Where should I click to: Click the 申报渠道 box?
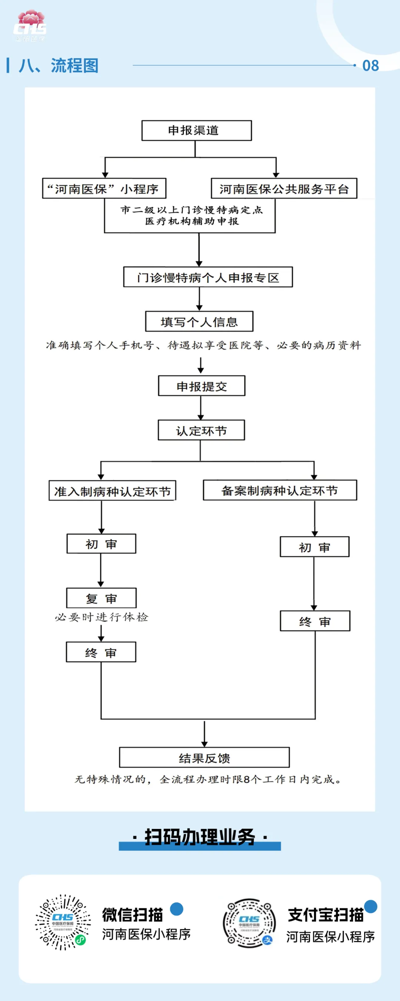(196, 131)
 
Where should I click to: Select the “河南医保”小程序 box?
(104, 188)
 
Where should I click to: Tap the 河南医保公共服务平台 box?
(284, 188)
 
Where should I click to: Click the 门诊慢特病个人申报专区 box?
(208, 277)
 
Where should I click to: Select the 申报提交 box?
(201, 386)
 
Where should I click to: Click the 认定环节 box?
(201, 430)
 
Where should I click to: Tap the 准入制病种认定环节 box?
(112, 491)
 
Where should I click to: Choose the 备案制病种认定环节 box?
(280, 490)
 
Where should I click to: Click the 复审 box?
(101, 598)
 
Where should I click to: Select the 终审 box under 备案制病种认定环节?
(315, 621)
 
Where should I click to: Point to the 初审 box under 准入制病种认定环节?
(101, 544)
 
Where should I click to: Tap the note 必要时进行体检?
(101, 617)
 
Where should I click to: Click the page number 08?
(370, 66)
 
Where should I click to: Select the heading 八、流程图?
(59, 65)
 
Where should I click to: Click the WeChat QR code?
(63, 922)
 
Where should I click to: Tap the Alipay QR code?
(249, 923)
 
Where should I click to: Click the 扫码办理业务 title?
(199, 837)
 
